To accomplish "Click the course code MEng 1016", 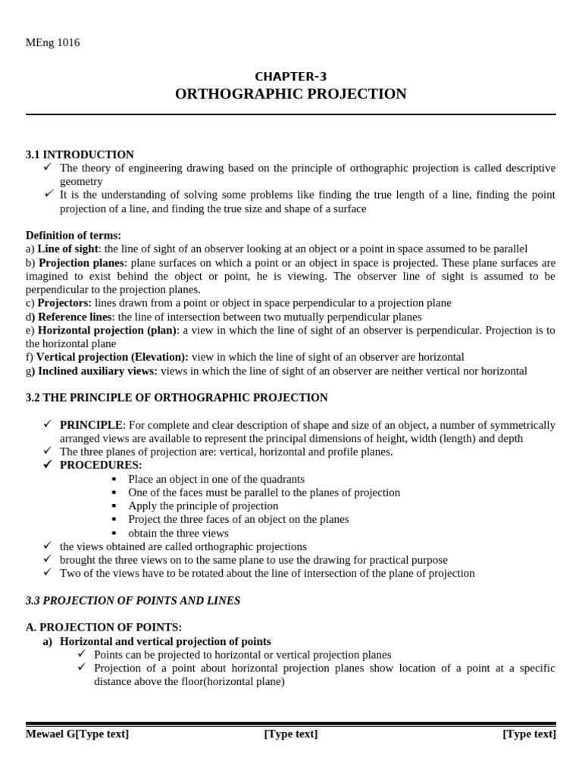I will point(52,42).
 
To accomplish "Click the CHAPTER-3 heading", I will point(290,76).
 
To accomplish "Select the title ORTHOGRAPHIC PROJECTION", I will point(290,94).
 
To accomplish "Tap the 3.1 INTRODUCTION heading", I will point(80,155).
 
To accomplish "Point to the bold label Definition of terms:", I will point(74,236).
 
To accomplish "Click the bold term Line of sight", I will point(68,249).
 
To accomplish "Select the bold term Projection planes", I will point(82,263).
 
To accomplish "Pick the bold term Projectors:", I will point(64,303).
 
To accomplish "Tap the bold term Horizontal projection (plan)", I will point(107,330).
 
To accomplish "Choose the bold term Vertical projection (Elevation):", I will point(112,357).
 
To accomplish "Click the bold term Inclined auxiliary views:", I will point(98,371).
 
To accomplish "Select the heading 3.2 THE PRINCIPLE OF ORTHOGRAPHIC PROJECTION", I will point(177,398).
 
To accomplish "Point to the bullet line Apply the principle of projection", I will point(203,506).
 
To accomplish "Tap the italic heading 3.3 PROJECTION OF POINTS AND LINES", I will point(133,601).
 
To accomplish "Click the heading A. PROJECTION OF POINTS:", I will point(104,627).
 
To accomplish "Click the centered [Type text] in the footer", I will point(290,734).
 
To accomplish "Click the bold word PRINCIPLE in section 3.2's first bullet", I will point(91,425).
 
